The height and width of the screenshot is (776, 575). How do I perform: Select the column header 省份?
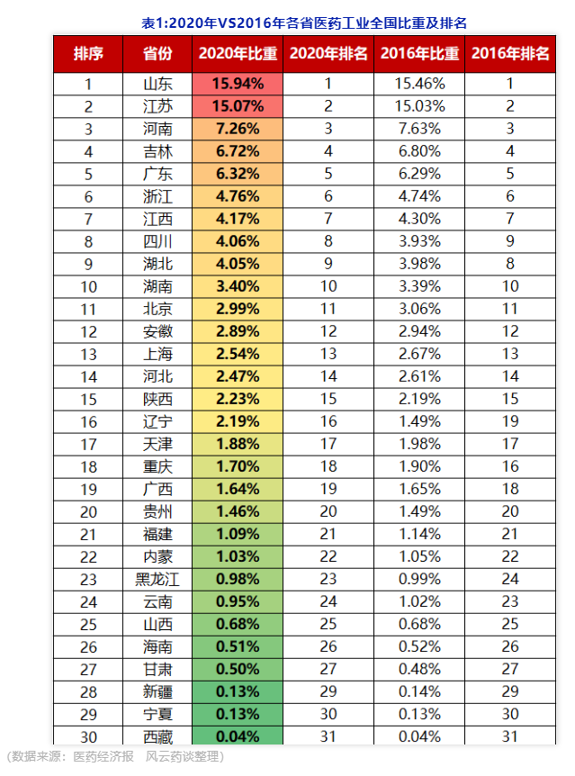[x=157, y=54]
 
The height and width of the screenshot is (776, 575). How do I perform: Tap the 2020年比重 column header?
[x=238, y=54]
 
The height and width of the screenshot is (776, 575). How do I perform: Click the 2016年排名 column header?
[x=509, y=54]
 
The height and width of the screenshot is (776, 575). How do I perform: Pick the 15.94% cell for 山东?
[x=238, y=84]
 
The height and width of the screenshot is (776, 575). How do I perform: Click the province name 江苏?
[x=157, y=106]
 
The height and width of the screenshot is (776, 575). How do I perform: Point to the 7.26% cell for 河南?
[x=238, y=129]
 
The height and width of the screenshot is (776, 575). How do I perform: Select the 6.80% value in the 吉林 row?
[x=418, y=151]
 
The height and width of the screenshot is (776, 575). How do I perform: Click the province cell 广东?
[x=157, y=174]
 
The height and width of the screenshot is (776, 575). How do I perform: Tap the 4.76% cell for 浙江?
[x=238, y=196]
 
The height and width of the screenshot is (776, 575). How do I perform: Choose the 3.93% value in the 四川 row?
[x=418, y=241]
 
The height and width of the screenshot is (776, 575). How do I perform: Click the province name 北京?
[x=157, y=309]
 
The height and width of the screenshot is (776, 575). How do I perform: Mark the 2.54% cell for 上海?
[x=238, y=354]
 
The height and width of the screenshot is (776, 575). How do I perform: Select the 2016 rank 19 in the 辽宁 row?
[x=509, y=421]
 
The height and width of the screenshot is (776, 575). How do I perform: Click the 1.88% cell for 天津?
[x=238, y=444]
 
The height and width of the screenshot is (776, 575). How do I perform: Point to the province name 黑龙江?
[x=157, y=579]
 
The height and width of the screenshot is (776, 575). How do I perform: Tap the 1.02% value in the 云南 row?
[x=418, y=601]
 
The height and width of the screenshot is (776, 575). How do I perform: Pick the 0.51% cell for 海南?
[x=238, y=646]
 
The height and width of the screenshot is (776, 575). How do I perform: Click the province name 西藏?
[x=157, y=735]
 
